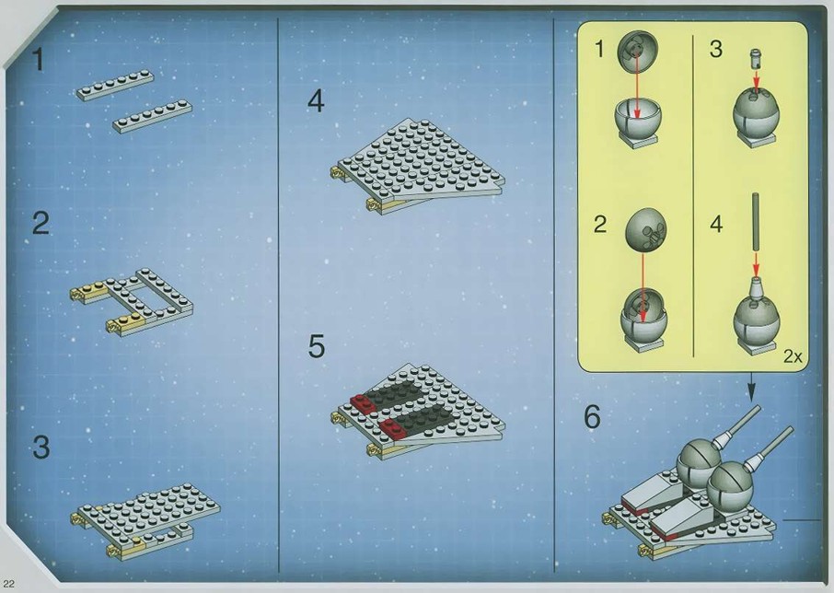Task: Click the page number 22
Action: pos(9,584)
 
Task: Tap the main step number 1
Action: pos(38,60)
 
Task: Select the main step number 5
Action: pos(316,346)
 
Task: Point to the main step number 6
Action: pos(592,416)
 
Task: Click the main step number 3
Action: pos(41,447)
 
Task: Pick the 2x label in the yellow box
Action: pos(793,356)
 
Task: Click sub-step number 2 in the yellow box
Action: pos(600,224)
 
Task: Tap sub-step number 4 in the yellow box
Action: pos(716,224)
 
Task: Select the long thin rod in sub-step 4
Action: pos(755,222)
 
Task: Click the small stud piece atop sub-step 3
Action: pos(756,57)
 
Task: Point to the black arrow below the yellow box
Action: pos(751,387)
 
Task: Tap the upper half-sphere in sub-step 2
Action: pos(645,230)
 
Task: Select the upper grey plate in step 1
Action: pos(115,85)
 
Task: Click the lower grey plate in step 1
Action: pos(152,115)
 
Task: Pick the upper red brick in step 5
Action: pos(364,403)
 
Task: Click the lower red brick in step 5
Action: pos(394,427)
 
